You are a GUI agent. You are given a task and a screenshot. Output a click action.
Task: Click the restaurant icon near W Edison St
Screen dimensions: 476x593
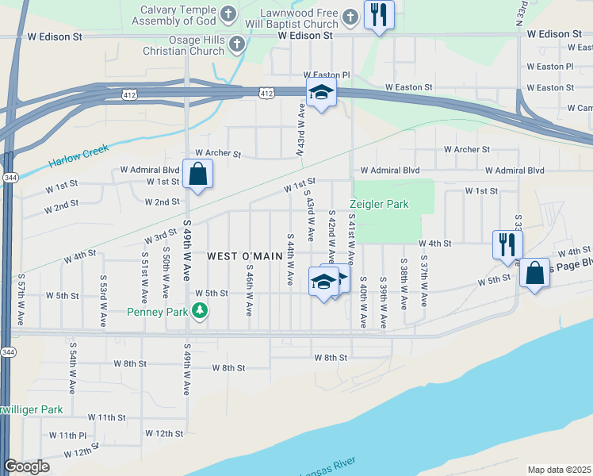click(x=379, y=15)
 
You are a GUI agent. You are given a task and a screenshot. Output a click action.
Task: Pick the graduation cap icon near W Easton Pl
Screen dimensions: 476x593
click(x=321, y=93)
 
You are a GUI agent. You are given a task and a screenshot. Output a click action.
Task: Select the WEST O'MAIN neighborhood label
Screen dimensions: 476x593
click(x=245, y=256)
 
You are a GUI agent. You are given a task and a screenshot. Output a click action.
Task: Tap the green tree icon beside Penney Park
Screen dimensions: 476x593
click(x=201, y=311)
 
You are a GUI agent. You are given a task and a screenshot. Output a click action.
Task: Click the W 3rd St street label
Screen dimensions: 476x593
click(x=160, y=236)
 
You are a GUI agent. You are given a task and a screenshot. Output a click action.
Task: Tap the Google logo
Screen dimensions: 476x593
click(x=27, y=466)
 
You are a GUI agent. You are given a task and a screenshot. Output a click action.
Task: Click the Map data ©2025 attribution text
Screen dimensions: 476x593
click(x=559, y=470)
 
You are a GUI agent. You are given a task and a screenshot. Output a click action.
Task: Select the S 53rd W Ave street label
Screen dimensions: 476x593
click(x=103, y=301)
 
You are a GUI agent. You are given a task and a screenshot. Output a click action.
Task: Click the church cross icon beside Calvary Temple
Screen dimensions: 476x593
click(x=229, y=14)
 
